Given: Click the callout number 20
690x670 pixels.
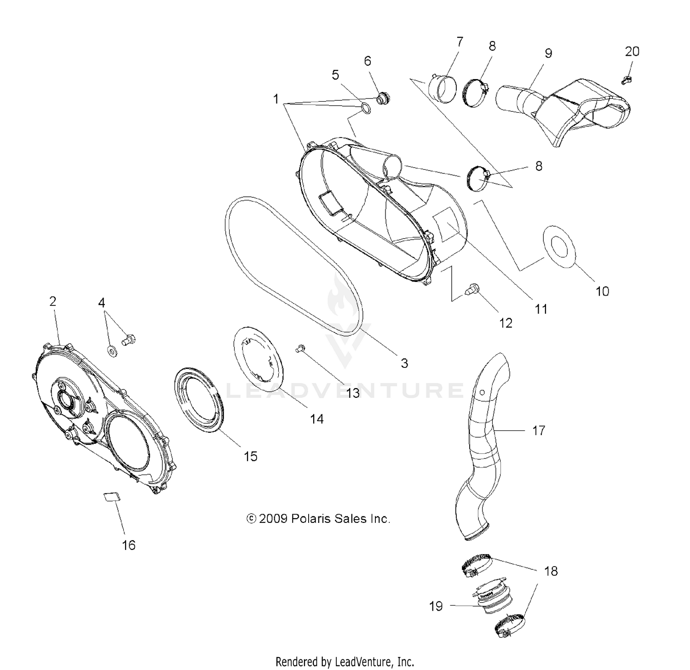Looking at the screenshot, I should coord(632,52).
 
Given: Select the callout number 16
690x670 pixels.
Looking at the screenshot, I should coord(129,545).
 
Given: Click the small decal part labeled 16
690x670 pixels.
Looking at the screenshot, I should coord(110,497).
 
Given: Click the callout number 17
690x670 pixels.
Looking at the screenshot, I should coord(539,430).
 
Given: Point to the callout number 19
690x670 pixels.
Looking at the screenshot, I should coord(436,606).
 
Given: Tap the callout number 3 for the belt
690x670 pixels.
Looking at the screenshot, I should coord(404,363).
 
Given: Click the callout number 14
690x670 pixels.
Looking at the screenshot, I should coord(316,419).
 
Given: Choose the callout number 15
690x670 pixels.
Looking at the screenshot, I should coord(250,456).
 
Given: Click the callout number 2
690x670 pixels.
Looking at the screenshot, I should coord(52,301).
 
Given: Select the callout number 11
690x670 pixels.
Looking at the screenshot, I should coord(541,309).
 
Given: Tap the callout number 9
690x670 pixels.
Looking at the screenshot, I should coord(548,53).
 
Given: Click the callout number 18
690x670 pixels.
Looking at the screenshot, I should coord(551,571).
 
